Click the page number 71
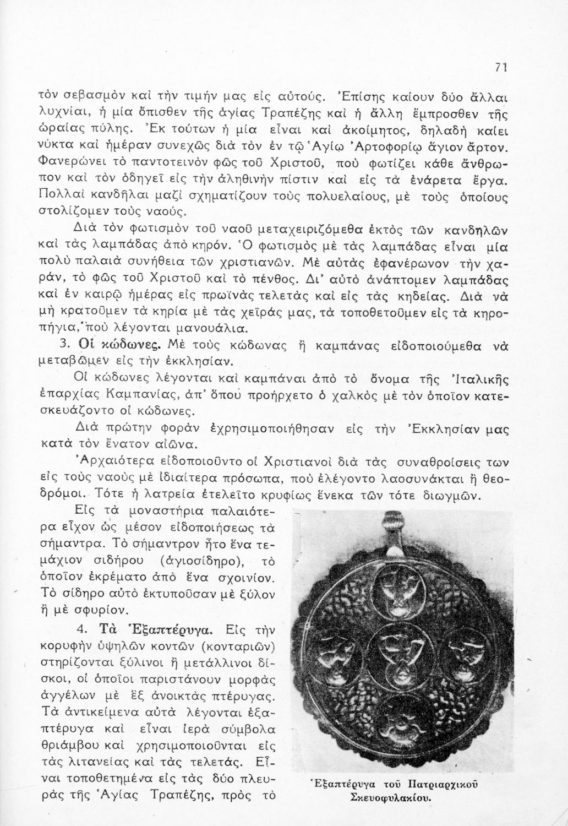coord(500,67)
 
